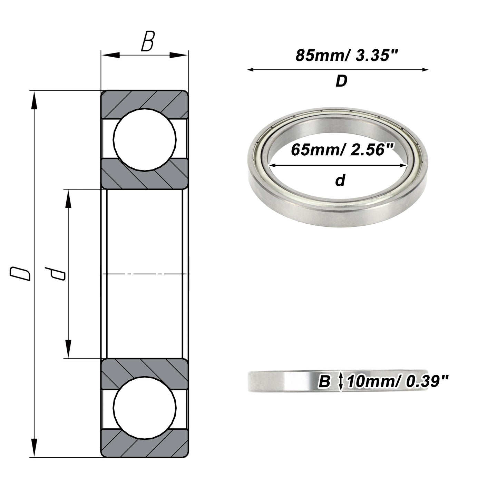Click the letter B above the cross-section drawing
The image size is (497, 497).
pos(148,41)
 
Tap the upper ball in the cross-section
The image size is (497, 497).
pos(145,139)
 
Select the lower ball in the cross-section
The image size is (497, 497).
pos(145,408)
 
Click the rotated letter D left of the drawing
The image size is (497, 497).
pos(20,274)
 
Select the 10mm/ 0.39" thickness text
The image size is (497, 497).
pos(398,381)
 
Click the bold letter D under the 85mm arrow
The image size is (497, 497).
pos(341,81)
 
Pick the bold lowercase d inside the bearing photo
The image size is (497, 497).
pos(340,180)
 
